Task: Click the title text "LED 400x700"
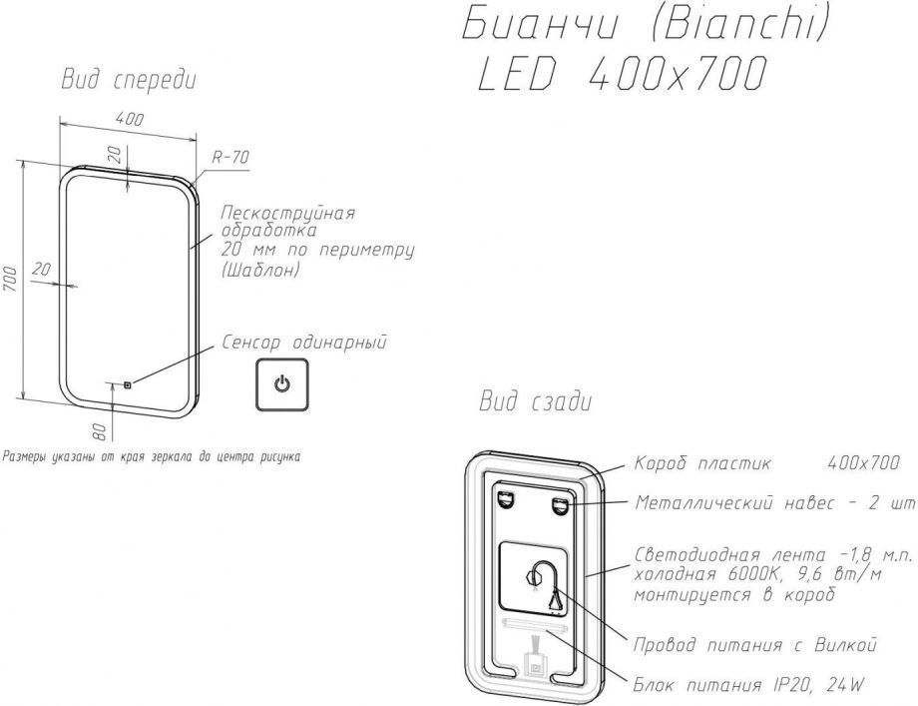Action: click(622, 75)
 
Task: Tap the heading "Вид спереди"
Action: click(129, 81)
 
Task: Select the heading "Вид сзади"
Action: click(535, 401)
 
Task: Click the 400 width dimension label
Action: click(130, 119)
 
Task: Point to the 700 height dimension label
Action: click(11, 279)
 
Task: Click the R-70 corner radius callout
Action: click(230, 157)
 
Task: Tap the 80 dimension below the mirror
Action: click(100, 431)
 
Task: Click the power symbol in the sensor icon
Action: click(281, 384)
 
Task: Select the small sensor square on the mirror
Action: click(127, 384)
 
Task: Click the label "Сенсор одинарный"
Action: click(304, 343)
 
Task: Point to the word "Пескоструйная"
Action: click(288, 212)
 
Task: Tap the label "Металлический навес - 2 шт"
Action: click(775, 502)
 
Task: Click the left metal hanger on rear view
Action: click(505, 500)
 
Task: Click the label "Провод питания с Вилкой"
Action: click(755, 645)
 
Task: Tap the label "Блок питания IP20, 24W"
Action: click(748, 684)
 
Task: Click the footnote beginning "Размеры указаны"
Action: click(151, 456)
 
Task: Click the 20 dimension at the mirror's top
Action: click(117, 154)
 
